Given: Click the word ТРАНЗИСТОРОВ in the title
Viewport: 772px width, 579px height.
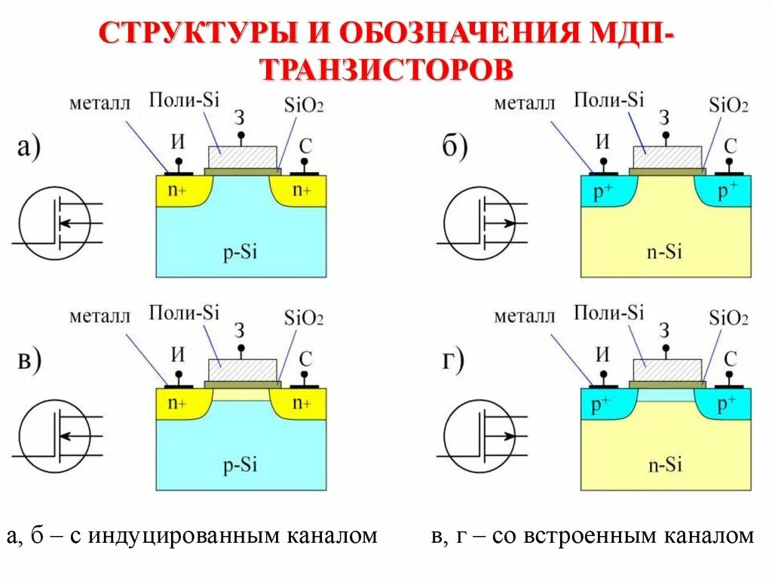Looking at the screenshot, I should click(x=386, y=69).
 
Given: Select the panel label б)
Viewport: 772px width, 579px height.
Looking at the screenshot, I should click(x=455, y=146).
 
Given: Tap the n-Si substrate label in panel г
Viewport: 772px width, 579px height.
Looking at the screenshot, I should click(x=666, y=466).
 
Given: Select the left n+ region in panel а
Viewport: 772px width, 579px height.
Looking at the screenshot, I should click(x=177, y=191).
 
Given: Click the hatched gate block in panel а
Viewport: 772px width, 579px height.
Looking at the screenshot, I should click(x=242, y=157).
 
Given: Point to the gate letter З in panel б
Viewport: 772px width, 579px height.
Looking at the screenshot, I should click(x=664, y=118).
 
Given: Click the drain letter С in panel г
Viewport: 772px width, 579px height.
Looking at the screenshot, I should click(x=730, y=358).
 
